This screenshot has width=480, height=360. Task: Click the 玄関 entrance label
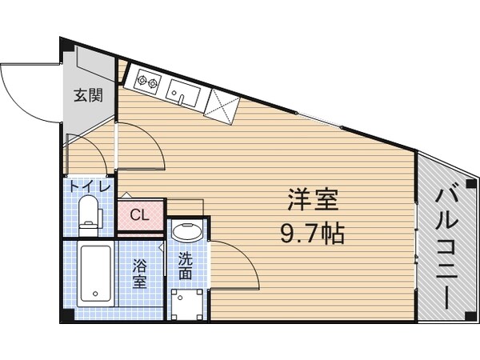pyautogui.click(x=89, y=96)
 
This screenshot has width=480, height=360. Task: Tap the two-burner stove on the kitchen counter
pyautogui.click(x=149, y=81)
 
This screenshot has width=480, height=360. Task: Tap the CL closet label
pyautogui.click(x=139, y=214)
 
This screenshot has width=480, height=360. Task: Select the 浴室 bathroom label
pyautogui.click(x=139, y=272)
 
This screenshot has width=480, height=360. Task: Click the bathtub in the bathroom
pyautogui.click(x=96, y=274)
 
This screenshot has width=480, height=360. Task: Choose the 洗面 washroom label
pyautogui.click(x=186, y=266)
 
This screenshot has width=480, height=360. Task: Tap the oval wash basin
pyautogui.click(x=187, y=233)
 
